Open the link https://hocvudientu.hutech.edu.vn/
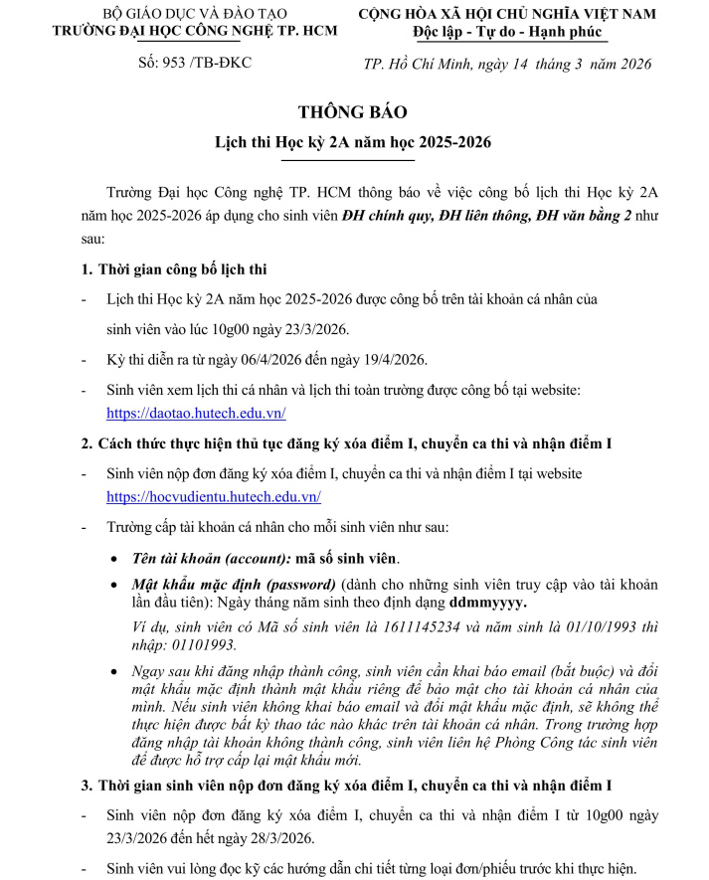pyautogui.click(x=214, y=496)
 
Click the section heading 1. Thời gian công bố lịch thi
pyautogui.click(x=173, y=270)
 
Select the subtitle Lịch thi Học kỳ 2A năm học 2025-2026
pyautogui.click(x=353, y=143)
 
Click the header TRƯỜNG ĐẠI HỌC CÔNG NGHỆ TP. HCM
pyautogui.click(x=194, y=30)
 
